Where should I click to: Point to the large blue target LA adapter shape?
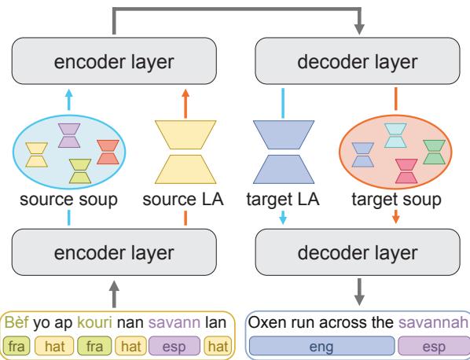281,153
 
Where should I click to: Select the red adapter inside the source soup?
107,151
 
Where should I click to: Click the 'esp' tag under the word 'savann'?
180,343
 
